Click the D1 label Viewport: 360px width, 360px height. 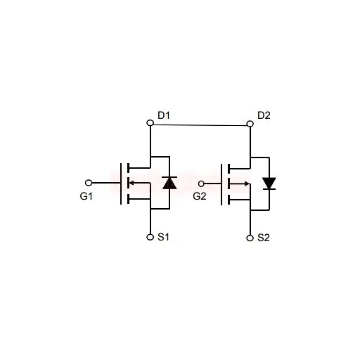coord(164,115)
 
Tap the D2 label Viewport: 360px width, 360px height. coord(264,115)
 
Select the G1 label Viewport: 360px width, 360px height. coord(86,196)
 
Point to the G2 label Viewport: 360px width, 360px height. coord(200,196)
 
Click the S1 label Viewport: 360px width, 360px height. coord(163,237)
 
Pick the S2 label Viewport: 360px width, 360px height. coord(264,238)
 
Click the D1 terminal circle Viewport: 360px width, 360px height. coord(150,123)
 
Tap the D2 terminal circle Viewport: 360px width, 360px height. coord(250,123)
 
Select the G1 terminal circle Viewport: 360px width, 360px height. coord(89,183)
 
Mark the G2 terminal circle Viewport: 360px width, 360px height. coord(201,184)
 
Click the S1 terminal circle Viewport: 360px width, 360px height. coord(150,237)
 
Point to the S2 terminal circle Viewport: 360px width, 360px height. coord(250,238)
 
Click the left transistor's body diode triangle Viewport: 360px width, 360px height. coord(169,184)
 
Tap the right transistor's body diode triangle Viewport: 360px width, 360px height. coord(269,183)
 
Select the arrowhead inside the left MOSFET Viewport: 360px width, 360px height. coord(131,183)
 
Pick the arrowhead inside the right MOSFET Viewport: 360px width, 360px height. coord(247,184)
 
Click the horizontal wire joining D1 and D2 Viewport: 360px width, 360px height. coord(200,125)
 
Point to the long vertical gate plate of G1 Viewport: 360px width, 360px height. coord(121,184)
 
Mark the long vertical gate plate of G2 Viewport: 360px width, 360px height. coord(221,184)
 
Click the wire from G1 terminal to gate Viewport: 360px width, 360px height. coord(106,183)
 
